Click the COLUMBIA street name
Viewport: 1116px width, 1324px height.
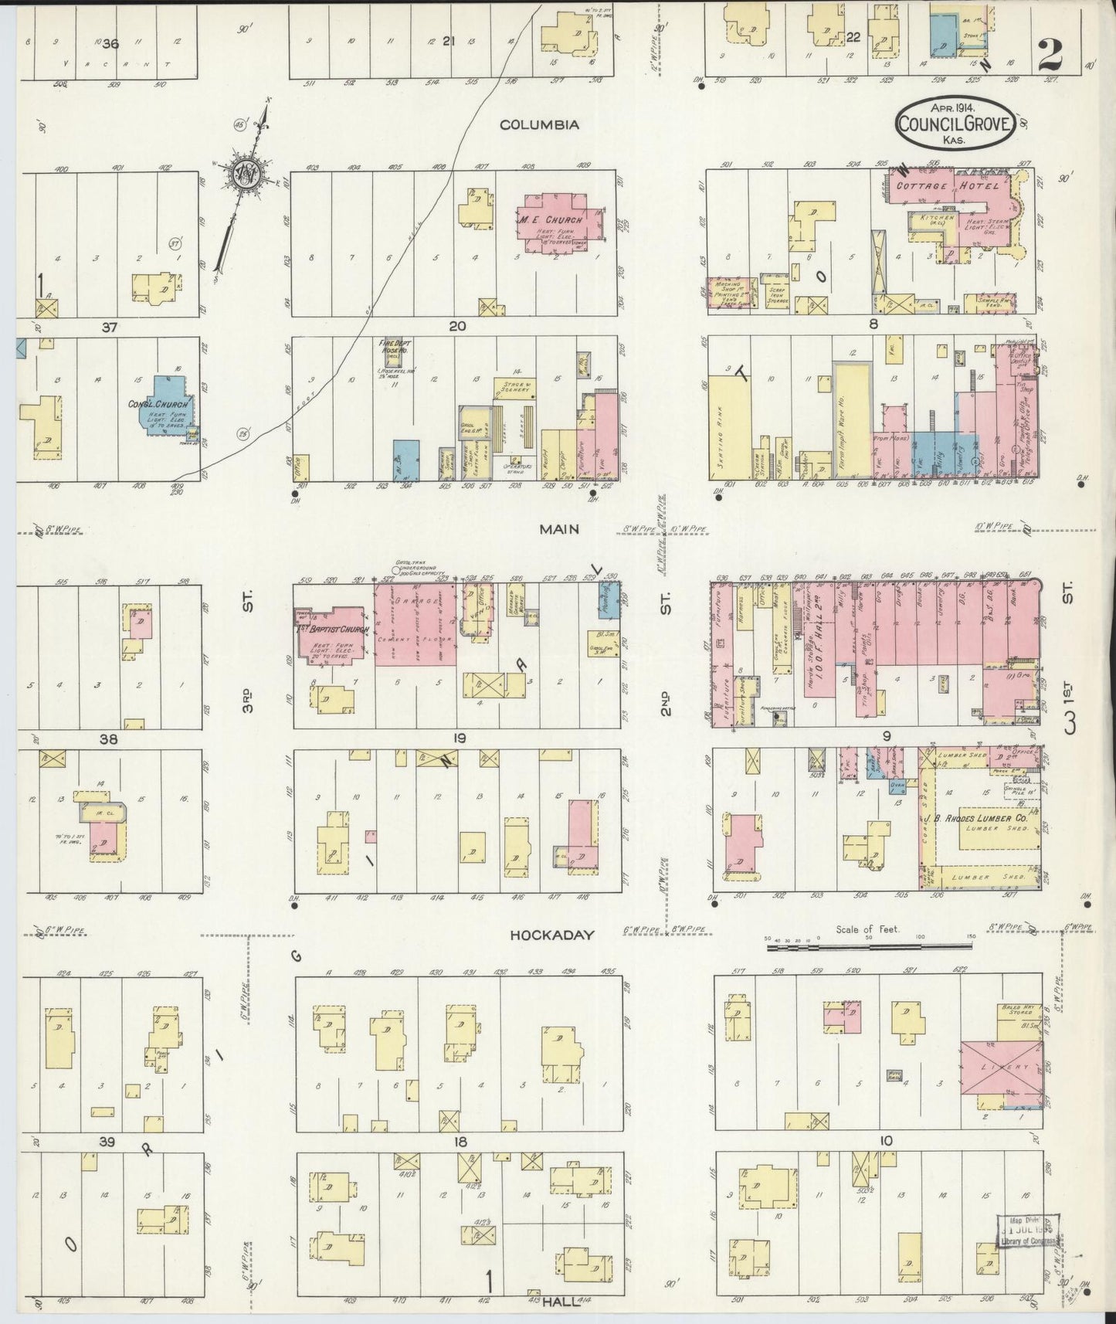(539, 124)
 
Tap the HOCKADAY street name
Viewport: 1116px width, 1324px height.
(552, 935)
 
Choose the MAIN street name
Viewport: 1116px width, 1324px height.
(560, 529)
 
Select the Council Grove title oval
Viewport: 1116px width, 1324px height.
(955, 122)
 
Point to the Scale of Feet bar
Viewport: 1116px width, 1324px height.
(870, 944)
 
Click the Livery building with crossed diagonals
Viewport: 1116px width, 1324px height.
(1001, 1067)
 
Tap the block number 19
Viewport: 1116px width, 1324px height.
(460, 738)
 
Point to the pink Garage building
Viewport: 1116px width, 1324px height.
(415, 623)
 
